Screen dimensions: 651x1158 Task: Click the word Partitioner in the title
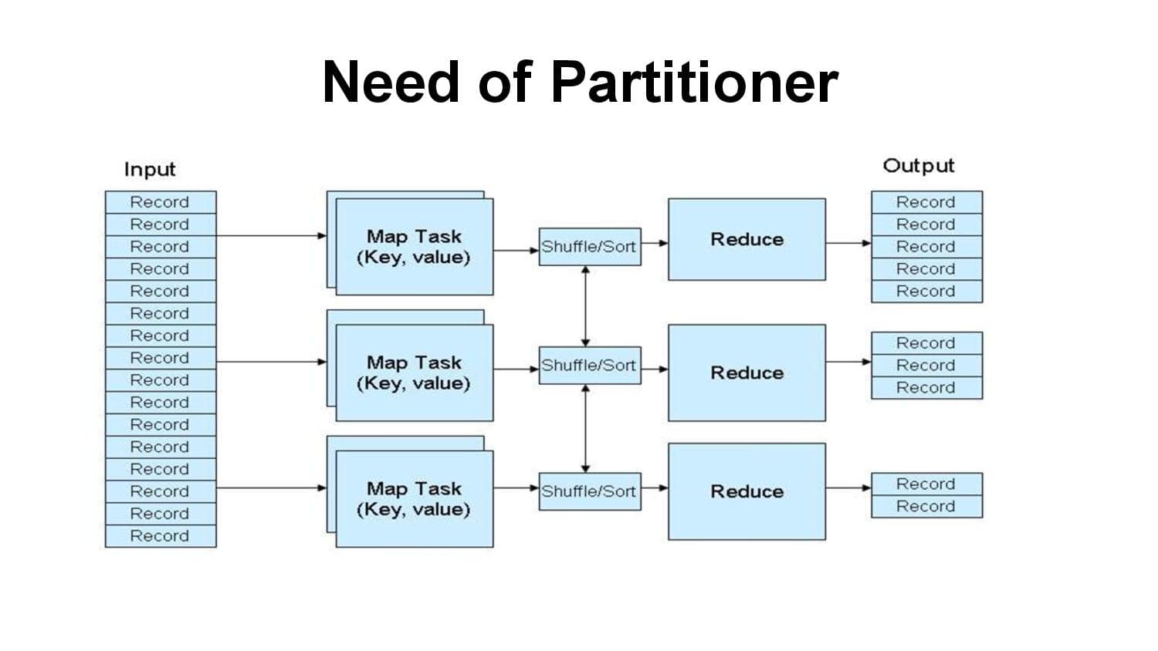point(694,82)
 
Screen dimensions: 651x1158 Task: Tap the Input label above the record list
point(150,169)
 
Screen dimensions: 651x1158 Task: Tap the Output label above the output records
point(918,166)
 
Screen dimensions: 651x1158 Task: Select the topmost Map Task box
point(415,247)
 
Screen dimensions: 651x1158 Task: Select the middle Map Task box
point(415,373)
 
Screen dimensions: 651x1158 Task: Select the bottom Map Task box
point(415,499)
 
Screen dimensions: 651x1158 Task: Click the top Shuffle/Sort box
point(589,247)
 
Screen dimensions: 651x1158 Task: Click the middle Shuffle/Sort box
point(589,366)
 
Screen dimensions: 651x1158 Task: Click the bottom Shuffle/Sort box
point(589,491)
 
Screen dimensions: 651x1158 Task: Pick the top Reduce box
point(747,239)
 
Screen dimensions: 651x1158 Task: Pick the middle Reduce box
point(747,373)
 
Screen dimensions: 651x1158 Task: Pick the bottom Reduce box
point(747,491)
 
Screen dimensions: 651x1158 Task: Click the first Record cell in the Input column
point(160,202)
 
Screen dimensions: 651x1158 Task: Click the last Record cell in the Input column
point(160,536)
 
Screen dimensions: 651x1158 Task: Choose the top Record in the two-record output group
point(926,484)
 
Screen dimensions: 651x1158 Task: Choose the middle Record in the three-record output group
point(926,366)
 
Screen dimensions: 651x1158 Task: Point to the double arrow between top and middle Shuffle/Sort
point(586,306)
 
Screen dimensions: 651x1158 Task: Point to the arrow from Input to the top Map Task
point(270,236)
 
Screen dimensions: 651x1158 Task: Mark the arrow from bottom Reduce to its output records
point(848,487)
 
